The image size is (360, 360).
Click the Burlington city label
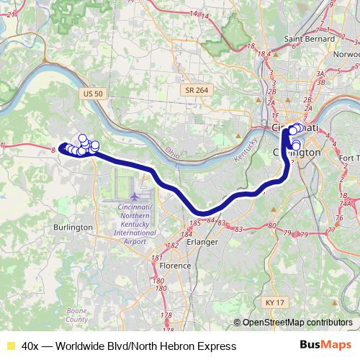pyautogui.click(x=73, y=228)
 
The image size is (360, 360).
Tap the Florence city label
pyautogui.click(x=175, y=265)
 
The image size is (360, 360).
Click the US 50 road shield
pyautogui.click(x=94, y=94)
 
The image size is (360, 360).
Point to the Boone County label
pyautogui.click(x=76, y=315)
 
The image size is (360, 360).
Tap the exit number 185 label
pyautogui.click(x=194, y=224)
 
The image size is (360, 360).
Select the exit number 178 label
pyautogui.click(x=167, y=315)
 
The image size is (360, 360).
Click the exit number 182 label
pyautogui.click(x=172, y=246)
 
